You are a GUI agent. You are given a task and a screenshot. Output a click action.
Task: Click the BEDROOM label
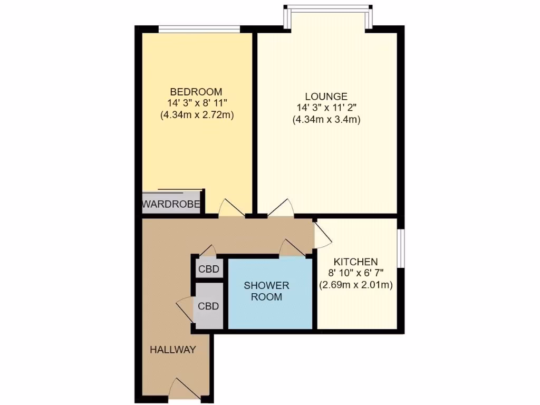coord(197,91)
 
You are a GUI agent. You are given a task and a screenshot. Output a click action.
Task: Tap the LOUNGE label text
coord(326,97)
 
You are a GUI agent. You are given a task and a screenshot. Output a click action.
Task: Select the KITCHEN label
coord(355,262)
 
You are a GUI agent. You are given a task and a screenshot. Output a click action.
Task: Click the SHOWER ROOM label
coord(266,291)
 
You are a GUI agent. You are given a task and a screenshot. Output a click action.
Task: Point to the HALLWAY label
coord(173,350)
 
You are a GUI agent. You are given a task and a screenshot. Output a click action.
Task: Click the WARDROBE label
coord(172,204)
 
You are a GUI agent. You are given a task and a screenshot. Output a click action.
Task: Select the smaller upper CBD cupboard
coord(209,269)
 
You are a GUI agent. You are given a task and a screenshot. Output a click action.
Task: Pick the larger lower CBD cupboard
coord(208,306)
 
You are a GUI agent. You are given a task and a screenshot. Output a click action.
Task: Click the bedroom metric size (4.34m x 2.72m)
coord(197,114)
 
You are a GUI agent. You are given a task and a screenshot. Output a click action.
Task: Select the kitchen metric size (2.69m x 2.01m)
coord(356,285)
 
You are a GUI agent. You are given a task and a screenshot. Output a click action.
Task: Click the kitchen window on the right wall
coord(401,248)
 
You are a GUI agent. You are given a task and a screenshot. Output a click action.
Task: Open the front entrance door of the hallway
coord(184,390)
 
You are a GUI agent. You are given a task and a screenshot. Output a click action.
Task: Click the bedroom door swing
coord(231,208)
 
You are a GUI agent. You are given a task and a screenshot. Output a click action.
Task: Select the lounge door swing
coord(281,208)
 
